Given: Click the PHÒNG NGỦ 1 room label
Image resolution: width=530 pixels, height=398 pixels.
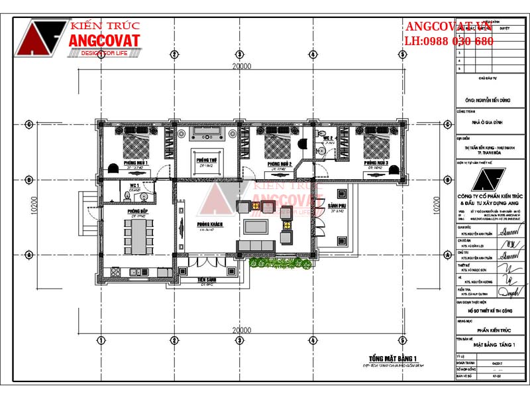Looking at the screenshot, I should pos(135,163).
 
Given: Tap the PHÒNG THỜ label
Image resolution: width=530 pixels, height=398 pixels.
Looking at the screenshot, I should pos(205,160).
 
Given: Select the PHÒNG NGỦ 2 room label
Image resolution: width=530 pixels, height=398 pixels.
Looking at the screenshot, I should pos(280,163).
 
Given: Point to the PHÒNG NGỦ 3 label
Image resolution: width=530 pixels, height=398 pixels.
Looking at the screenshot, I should pos(376,163).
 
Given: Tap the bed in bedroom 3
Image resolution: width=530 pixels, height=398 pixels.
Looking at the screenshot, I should pos(376,143).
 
